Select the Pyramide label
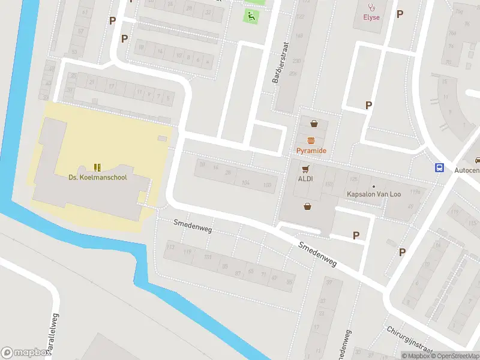click(311, 151)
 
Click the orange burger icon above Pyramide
click(311, 140)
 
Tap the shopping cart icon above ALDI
click(307, 169)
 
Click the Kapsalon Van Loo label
click(374, 194)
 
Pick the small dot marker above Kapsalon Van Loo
click(373, 186)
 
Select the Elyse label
click(371, 17)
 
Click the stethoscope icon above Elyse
click(371, 7)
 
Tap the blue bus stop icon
click(440, 168)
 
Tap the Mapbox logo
click(26, 353)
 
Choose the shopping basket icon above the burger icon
click(314, 124)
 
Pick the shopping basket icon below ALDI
click(308, 207)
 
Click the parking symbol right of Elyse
click(400, 14)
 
